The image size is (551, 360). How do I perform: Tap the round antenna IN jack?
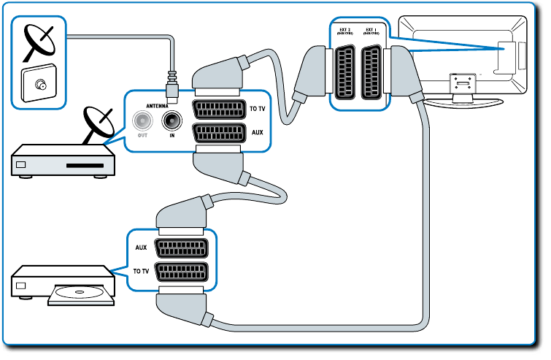172,119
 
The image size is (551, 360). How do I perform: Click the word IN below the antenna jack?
172,137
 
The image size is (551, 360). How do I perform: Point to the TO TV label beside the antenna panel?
258,109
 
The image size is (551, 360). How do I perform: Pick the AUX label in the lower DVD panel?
141,248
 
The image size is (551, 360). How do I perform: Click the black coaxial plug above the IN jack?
172,90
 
